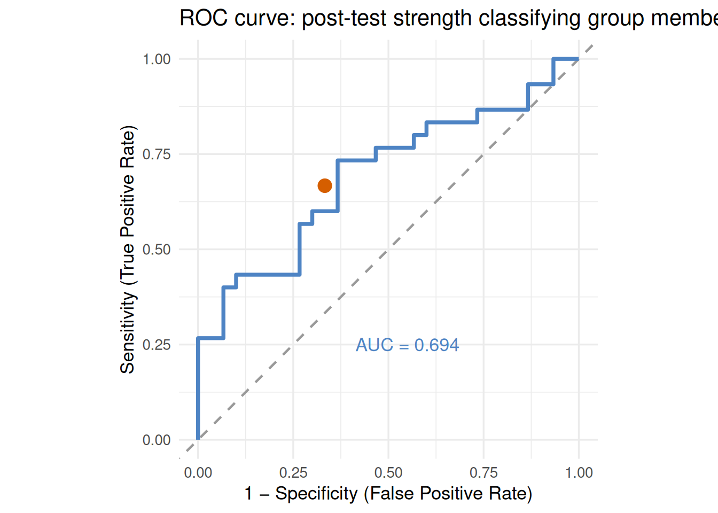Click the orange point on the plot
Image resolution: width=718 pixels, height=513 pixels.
pyautogui.click(x=325, y=185)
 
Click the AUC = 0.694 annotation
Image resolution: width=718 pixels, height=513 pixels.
pyautogui.click(x=407, y=345)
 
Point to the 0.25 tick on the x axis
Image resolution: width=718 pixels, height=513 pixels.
pyautogui.click(x=293, y=473)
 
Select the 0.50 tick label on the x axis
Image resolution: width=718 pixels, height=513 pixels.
pyautogui.click(x=388, y=473)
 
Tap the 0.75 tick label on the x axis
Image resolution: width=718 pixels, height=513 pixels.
pyautogui.click(x=483, y=473)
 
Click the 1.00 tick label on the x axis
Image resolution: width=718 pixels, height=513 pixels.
pyautogui.click(x=579, y=473)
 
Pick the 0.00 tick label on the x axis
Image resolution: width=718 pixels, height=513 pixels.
pyautogui.click(x=198, y=473)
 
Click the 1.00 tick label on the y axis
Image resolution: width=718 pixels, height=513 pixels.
pyautogui.click(x=157, y=59)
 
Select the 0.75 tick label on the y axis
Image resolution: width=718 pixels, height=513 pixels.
pyautogui.click(x=157, y=154)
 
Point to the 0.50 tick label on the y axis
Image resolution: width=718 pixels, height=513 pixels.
pyautogui.click(x=157, y=250)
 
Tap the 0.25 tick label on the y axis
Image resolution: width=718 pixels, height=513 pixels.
pyautogui.click(x=157, y=345)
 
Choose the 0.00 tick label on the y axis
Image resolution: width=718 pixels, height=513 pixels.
pyautogui.click(x=157, y=440)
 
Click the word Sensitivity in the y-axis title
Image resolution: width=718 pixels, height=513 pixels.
pyautogui.click(x=128, y=333)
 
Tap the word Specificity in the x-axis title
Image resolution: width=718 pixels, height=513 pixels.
pyautogui.click(x=316, y=493)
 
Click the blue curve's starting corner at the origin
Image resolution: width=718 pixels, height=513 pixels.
pyautogui.click(x=198, y=439)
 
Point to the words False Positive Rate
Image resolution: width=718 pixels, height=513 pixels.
pyautogui.click(x=448, y=493)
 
